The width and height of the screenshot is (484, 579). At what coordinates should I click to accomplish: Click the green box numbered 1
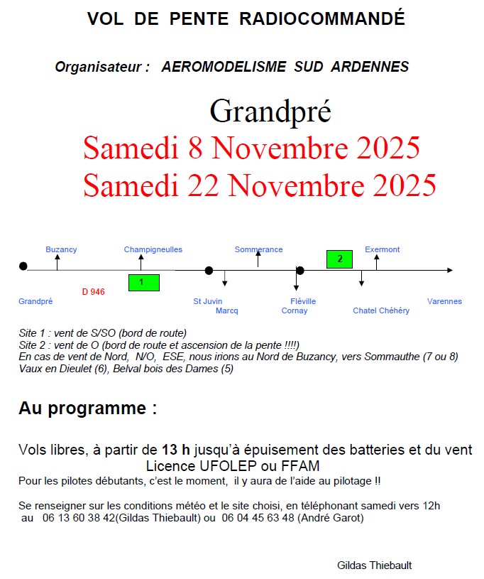point(143,282)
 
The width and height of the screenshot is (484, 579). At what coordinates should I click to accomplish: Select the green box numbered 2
point(339,259)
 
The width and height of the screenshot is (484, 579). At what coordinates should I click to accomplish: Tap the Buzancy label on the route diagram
point(61,249)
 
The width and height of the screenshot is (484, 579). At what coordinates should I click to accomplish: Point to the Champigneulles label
point(153,249)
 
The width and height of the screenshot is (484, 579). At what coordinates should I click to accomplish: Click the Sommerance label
point(258,249)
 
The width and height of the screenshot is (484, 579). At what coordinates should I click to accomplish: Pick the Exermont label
point(383,249)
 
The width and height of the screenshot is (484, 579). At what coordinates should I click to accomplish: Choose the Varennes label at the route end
point(444,301)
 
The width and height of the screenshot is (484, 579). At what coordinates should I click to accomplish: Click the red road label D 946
point(93,291)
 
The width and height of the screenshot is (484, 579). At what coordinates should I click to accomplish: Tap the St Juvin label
point(208,301)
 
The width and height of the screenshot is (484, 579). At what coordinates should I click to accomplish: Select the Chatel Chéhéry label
point(381,310)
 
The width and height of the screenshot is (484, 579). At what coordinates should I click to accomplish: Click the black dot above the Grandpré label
point(23,266)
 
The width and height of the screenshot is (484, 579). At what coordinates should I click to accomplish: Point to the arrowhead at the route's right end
point(449,270)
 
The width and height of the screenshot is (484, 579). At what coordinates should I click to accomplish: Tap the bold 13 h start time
point(176,450)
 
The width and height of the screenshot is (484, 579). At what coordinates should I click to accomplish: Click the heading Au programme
point(87,408)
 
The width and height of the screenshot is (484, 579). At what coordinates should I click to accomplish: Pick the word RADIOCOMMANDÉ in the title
point(322,18)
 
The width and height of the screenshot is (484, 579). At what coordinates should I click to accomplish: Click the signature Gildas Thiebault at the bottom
point(375,565)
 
